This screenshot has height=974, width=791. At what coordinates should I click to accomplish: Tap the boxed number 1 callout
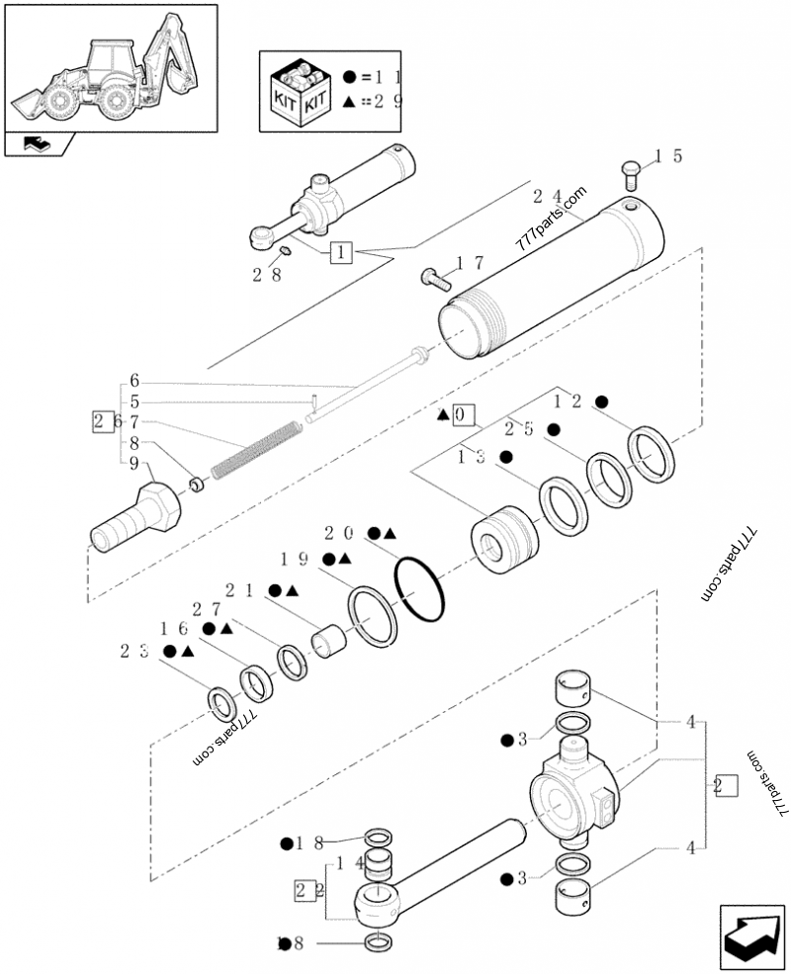pos(340,252)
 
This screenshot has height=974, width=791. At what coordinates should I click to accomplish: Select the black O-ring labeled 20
pos(419,589)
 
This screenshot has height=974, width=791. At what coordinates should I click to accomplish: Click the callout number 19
pos(294,559)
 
